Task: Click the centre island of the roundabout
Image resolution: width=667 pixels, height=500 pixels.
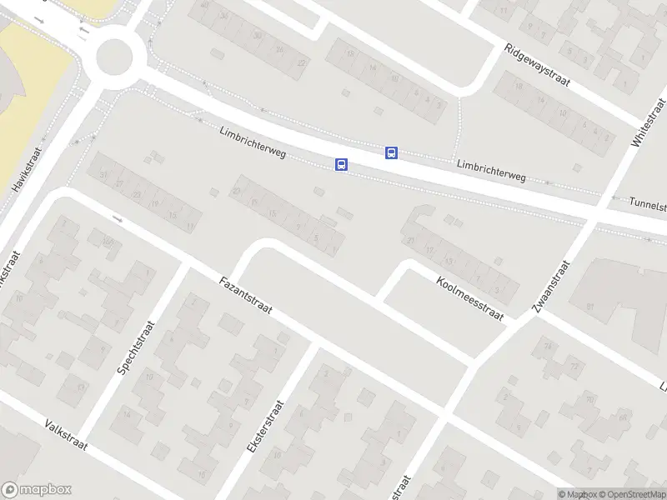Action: [115, 57]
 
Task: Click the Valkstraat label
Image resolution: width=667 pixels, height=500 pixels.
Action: [76, 433]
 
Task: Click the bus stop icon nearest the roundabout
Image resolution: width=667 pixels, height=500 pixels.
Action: [341, 164]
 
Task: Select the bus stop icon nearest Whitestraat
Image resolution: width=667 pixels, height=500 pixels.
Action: [391, 152]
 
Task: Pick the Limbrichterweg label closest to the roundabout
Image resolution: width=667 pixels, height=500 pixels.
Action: [253, 143]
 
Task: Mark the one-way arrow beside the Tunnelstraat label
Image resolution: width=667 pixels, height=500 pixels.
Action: [615, 198]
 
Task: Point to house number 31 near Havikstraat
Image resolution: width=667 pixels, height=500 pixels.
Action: [104, 176]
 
